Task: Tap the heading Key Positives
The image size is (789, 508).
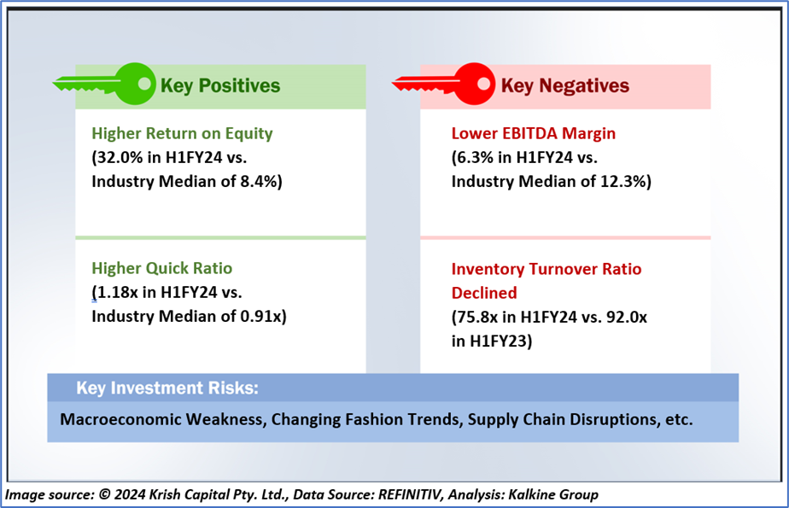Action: [220, 85]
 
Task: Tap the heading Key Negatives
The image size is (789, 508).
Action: [564, 85]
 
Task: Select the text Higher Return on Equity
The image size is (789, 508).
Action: [182, 133]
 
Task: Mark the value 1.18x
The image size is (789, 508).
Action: [115, 293]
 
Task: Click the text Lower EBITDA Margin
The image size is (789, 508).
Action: [533, 133]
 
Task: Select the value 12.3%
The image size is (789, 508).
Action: [625, 181]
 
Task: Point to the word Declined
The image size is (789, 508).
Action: [484, 293]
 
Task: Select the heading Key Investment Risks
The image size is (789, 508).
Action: [167, 388]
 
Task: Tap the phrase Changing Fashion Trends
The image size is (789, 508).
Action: [336, 420]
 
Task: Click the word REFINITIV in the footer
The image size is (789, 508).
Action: [396, 494]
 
